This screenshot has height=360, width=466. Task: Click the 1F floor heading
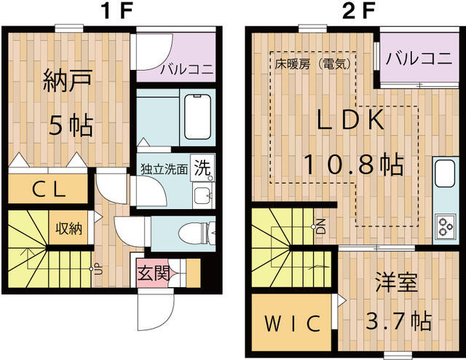[x=116, y=11]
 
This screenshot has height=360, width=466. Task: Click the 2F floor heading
[x=358, y=11]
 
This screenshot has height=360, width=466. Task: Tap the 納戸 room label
[x=68, y=81]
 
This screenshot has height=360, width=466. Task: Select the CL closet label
[x=49, y=189]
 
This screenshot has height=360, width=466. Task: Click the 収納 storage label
[x=68, y=228]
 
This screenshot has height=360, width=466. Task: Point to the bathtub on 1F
[x=197, y=117]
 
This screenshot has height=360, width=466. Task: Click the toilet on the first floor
[x=197, y=234]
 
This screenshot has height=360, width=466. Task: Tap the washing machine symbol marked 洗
[x=202, y=168]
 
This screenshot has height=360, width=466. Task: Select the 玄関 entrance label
[x=154, y=273]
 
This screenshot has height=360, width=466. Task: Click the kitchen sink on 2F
[x=445, y=173]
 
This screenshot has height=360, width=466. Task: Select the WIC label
[x=293, y=324]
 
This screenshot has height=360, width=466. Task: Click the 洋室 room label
[x=396, y=282]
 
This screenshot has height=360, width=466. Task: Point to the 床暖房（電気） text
[x=313, y=63]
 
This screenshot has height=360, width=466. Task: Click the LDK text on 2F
[x=351, y=120]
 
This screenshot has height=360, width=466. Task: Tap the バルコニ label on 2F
[x=419, y=58]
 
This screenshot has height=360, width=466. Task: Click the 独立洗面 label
[x=164, y=168]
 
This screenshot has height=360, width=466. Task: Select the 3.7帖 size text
[x=398, y=321]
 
